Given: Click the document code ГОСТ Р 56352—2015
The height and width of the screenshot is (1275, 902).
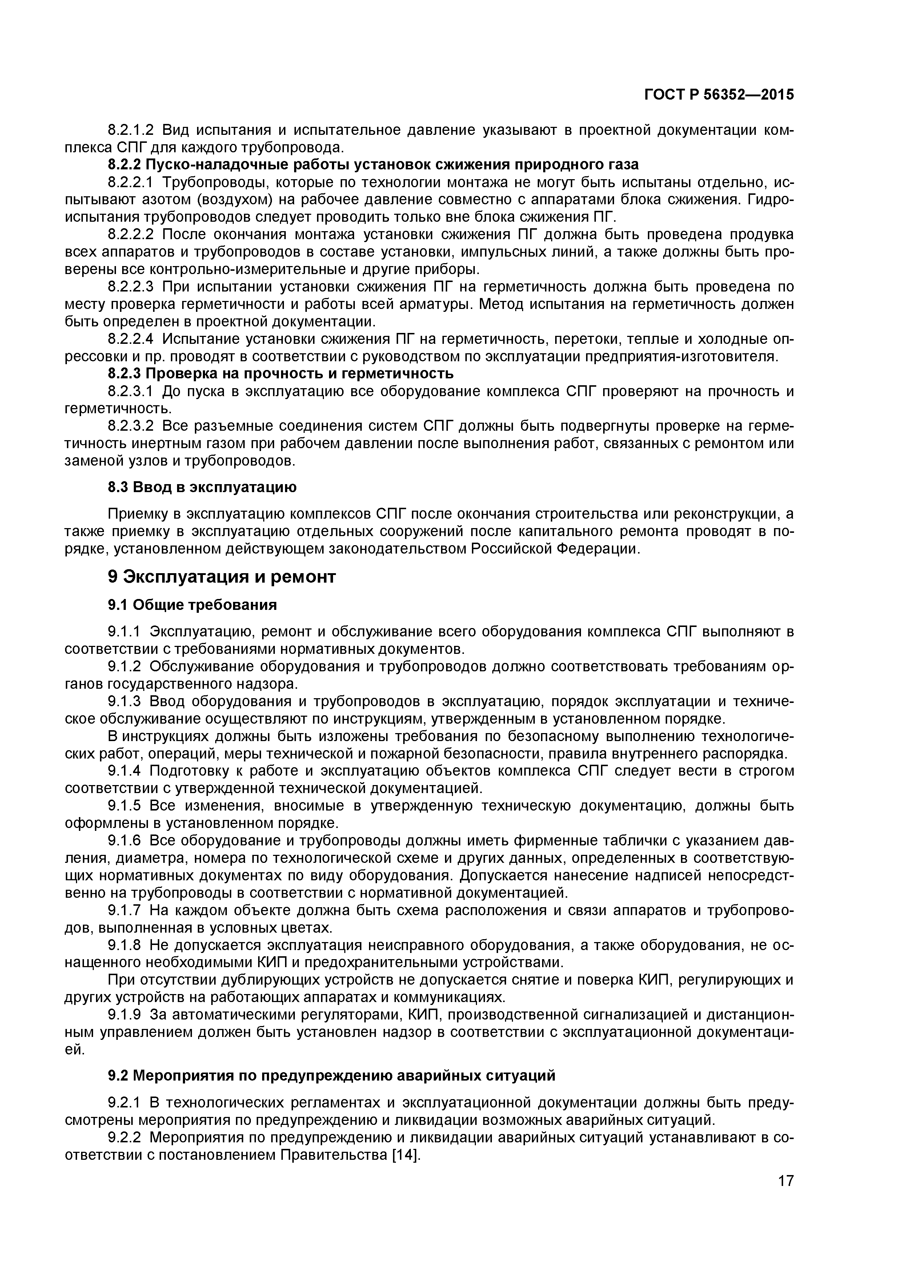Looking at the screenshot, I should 719,95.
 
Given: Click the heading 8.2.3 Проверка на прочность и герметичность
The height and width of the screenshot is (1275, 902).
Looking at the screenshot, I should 280,373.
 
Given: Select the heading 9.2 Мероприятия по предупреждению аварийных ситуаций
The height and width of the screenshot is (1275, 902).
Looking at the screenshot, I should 331,1075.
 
